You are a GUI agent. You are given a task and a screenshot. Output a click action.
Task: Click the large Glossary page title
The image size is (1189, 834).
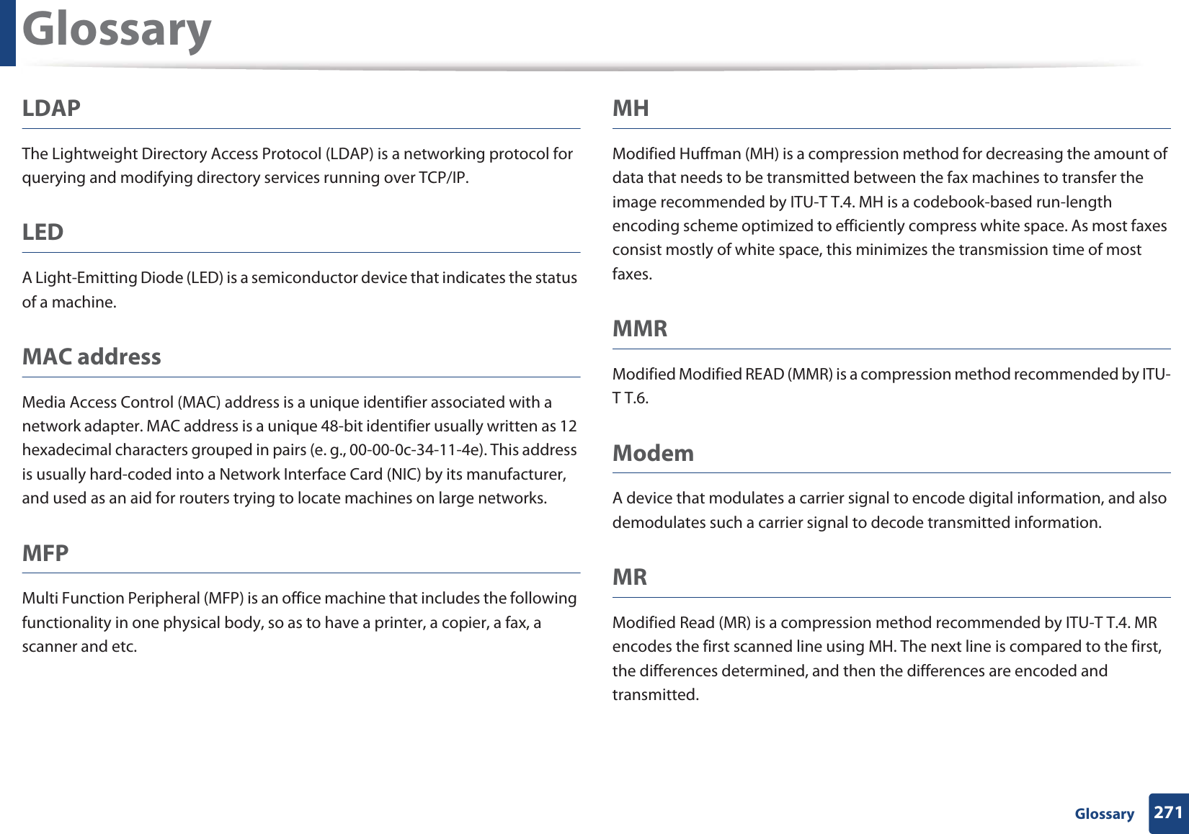point(117,30)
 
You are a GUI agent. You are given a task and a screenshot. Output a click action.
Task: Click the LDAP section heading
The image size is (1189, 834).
point(51,108)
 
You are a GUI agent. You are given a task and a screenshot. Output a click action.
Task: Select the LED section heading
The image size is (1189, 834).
point(43,232)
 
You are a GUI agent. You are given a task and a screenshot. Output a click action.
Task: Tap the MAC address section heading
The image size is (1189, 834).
point(92,357)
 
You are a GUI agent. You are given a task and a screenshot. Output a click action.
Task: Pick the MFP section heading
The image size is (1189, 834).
point(45,553)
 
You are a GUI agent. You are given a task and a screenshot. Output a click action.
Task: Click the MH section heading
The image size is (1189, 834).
point(631,108)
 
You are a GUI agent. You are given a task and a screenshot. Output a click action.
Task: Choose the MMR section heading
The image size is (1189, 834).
point(640,328)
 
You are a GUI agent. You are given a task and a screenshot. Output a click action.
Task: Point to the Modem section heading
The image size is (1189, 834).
point(653,453)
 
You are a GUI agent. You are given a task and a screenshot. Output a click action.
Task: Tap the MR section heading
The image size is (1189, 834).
point(630,577)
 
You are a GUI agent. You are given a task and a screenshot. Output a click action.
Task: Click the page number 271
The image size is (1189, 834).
point(1167,812)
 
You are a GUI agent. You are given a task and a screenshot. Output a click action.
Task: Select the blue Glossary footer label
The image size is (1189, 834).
point(1104,814)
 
